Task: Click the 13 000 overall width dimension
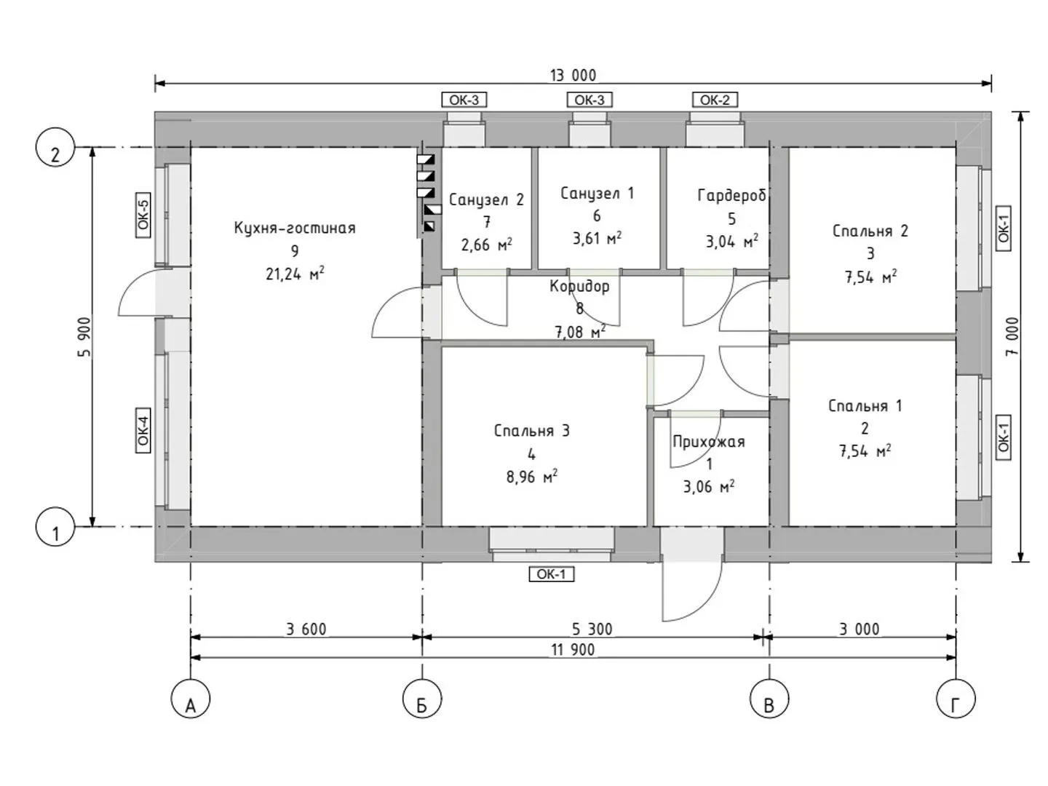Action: pyautogui.click(x=573, y=76)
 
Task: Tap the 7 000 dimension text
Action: pyautogui.click(x=1013, y=336)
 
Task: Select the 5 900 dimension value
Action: pyautogui.click(x=86, y=336)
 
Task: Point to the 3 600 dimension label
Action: pyautogui.click(x=306, y=629)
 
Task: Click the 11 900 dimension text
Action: pyautogui.click(x=573, y=650)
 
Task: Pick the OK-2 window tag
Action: pyautogui.click(x=714, y=100)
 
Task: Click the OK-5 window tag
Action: pyautogui.click(x=143, y=215)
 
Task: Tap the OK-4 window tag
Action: pyautogui.click(x=143, y=430)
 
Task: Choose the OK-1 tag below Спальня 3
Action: pyautogui.click(x=551, y=575)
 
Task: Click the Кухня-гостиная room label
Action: pyautogui.click(x=295, y=228)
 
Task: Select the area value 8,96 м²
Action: pyautogui.click(x=532, y=477)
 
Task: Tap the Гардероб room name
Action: pyautogui.click(x=731, y=195)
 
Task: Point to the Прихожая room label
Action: pyautogui.click(x=709, y=442)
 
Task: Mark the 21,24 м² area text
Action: pyautogui.click(x=295, y=274)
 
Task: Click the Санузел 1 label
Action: pyautogui.click(x=597, y=193)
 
